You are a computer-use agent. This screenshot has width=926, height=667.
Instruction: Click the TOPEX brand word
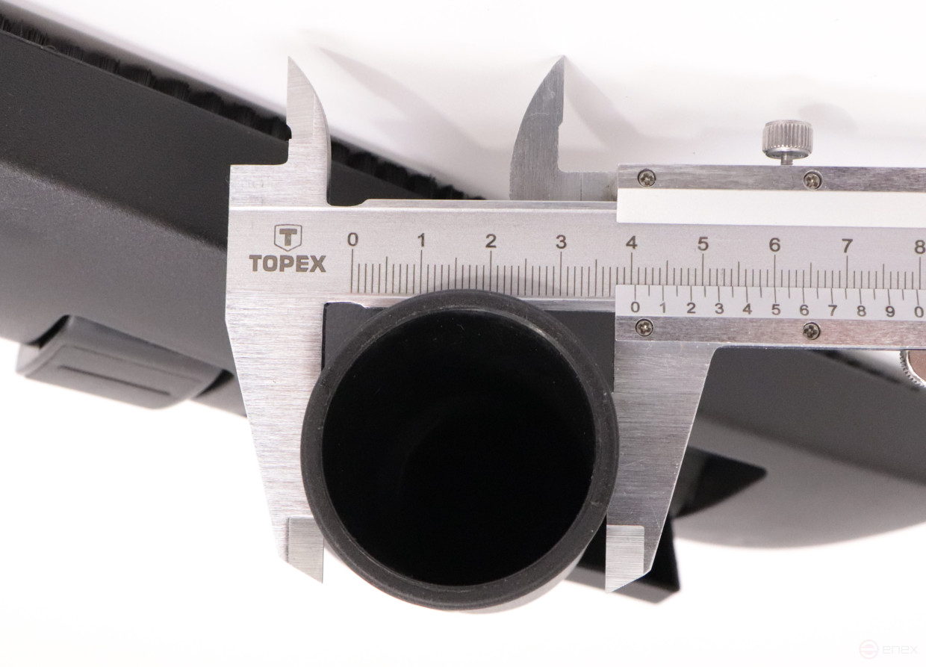288,264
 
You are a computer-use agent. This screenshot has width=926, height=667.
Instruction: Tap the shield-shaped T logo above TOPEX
288,238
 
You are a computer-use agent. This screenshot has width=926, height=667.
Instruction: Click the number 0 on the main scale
352,240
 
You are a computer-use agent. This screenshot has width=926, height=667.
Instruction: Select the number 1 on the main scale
422,241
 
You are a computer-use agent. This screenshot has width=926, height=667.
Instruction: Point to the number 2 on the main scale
491,241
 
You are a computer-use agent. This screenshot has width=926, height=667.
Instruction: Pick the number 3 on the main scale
561,242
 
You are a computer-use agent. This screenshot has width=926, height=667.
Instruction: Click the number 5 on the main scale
703,244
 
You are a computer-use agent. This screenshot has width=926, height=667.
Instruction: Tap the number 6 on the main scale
774,245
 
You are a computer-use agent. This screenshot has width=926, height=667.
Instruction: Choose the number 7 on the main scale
847,246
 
